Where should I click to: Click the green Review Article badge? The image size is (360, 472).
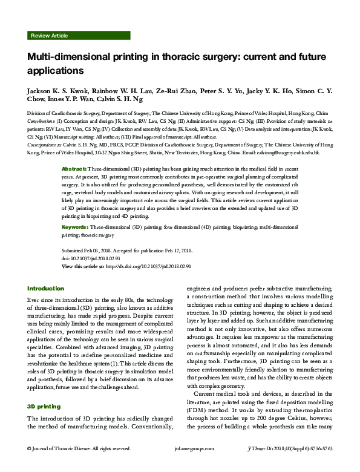50,36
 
